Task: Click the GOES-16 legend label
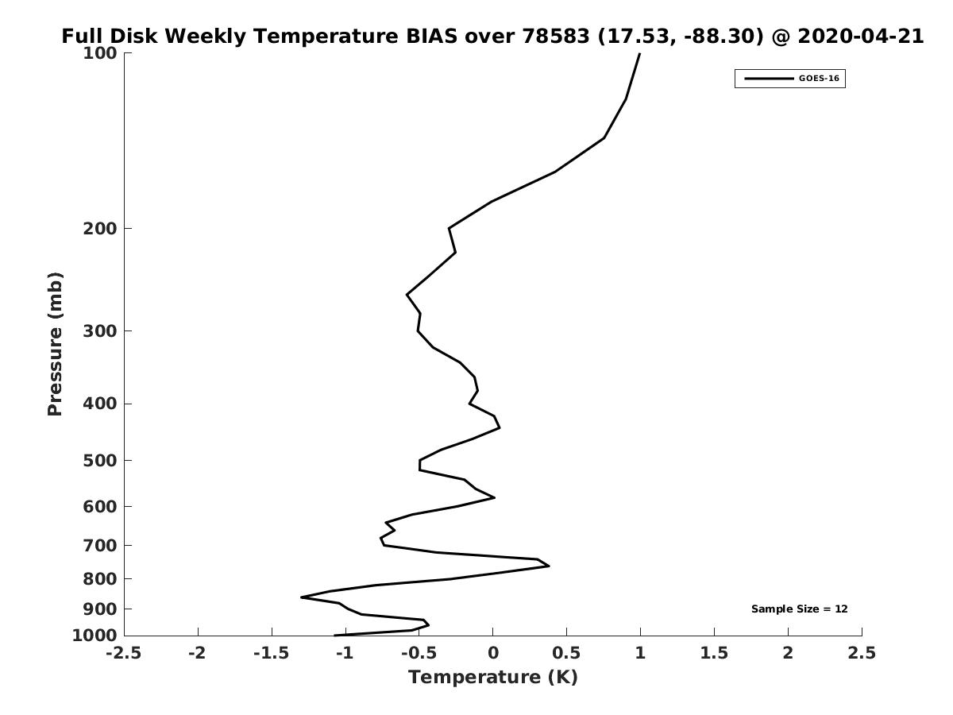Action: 819,79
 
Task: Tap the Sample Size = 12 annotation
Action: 799,609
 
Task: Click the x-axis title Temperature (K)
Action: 493,677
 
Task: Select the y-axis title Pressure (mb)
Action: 55,344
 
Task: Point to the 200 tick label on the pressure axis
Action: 100,228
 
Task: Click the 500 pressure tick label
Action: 100,460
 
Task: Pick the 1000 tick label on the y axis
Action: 95,636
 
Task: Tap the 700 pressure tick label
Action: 100,545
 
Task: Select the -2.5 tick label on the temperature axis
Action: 124,653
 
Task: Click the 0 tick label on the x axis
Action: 493,653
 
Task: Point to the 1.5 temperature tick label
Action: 714,653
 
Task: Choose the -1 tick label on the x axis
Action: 345,653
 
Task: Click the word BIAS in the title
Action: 431,36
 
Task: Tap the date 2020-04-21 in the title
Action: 861,36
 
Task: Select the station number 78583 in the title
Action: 556,36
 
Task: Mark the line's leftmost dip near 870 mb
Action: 301,597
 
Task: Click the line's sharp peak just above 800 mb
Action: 550,566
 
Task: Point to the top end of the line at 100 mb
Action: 639,53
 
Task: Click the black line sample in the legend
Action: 769,79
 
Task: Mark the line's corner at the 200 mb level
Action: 449,228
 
